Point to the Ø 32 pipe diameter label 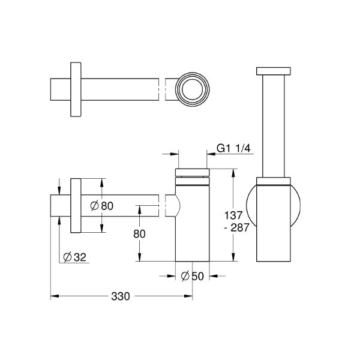[x=75, y=257]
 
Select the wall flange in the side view [x=76, y=205]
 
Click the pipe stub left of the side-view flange [x=60, y=206]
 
